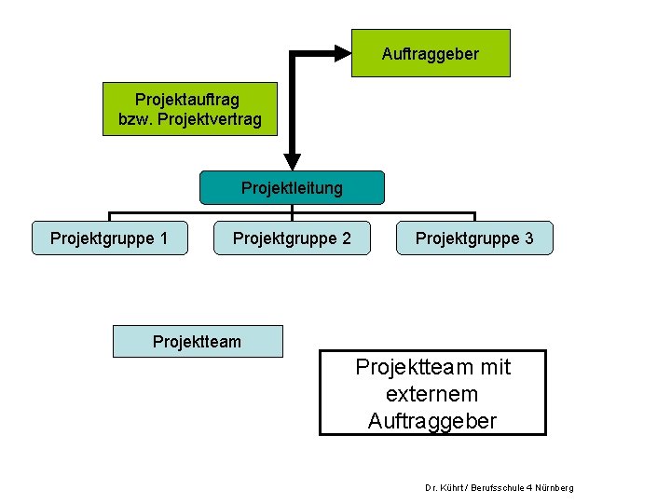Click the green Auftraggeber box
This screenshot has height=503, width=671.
click(431, 53)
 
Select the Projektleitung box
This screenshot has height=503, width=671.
click(292, 187)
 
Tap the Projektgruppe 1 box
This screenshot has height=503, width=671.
click(109, 238)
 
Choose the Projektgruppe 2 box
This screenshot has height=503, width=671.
click(292, 238)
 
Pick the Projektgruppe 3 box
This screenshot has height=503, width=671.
click(474, 238)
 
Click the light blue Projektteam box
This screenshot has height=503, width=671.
click(197, 341)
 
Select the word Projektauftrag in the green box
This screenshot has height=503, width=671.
click(187, 99)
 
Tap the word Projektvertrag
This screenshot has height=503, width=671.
click(212, 120)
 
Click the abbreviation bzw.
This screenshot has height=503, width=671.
click(136, 120)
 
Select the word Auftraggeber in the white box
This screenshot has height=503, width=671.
click(432, 422)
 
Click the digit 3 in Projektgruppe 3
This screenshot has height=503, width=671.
click(528, 238)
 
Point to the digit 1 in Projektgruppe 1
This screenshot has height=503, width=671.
click(163, 238)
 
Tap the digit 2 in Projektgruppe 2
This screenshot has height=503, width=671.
click(346, 238)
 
